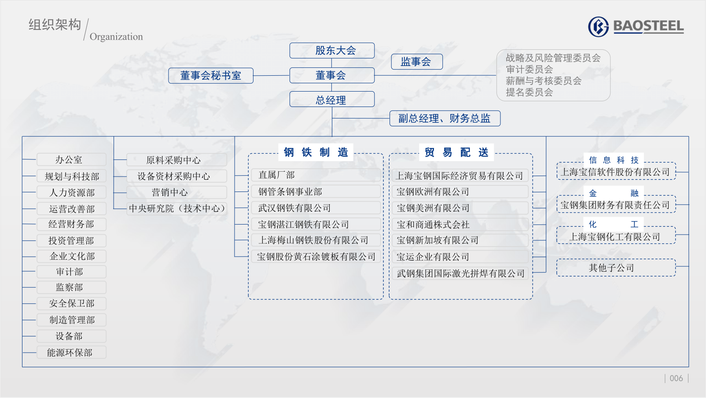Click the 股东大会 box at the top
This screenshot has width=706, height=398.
coord(332,51)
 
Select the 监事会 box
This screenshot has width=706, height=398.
coord(417,62)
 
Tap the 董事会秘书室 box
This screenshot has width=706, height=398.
coord(210,76)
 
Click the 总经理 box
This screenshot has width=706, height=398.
coord(332,99)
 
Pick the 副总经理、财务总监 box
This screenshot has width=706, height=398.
coord(445,118)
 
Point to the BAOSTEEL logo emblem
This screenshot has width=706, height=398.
coord(598,27)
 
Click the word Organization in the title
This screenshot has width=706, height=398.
coord(116,37)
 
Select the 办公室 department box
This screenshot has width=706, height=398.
coord(72,159)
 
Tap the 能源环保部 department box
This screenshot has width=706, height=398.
coord(72,352)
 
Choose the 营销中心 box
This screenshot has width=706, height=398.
coord(176,192)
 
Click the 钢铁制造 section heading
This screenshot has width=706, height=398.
coord(316,152)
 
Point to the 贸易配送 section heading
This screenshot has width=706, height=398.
coord(456,152)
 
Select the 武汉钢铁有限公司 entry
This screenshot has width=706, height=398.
coord(316,208)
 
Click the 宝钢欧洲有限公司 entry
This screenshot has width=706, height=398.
coord(460,192)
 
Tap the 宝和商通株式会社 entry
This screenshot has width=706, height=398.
coord(460,225)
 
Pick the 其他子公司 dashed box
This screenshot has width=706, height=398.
coord(616,268)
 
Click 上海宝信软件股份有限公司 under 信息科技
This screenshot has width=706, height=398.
coord(615,172)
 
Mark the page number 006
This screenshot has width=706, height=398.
coord(676,378)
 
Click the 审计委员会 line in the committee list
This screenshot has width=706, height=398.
coord(529,70)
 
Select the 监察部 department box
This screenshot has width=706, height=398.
coord(72,287)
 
